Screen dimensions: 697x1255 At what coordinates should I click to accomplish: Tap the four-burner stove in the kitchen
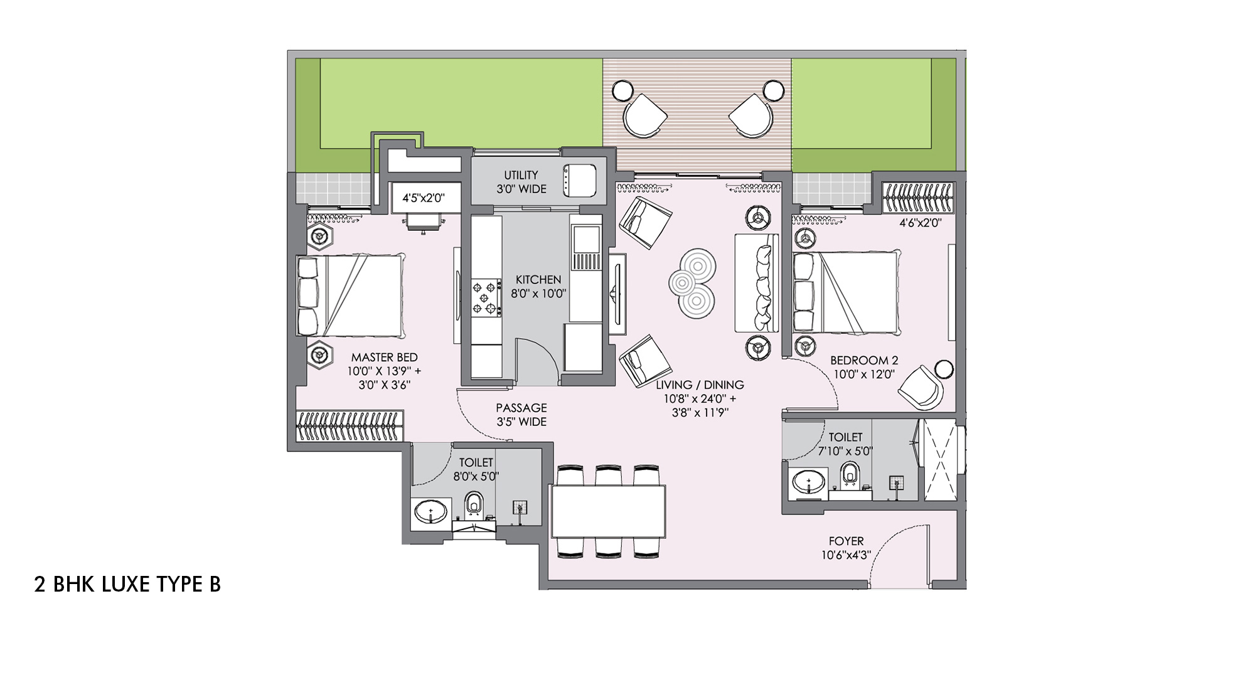pyautogui.click(x=486, y=297)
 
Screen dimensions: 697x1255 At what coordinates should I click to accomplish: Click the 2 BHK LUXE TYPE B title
pyautogui.click(x=127, y=584)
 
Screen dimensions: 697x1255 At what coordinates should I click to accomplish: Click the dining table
pyautogui.click(x=608, y=511)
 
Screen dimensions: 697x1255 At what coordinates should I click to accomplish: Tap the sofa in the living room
pyautogui.click(x=757, y=283)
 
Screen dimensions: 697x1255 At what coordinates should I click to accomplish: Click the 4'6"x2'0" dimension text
pyautogui.click(x=920, y=223)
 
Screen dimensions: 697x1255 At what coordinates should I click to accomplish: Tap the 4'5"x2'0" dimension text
pyautogui.click(x=424, y=198)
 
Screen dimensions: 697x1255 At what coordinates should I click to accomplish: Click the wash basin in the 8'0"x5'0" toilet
pyautogui.click(x=430, y=513)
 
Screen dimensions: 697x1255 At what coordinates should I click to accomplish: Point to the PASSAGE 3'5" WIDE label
pyautogui.click(x=521, y=415)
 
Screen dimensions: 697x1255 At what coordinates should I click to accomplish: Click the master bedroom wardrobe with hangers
pyautogui.click(x=350, y=427)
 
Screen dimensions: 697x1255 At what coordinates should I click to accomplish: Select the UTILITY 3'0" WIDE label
pyautogui.click(x=521, y=182)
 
